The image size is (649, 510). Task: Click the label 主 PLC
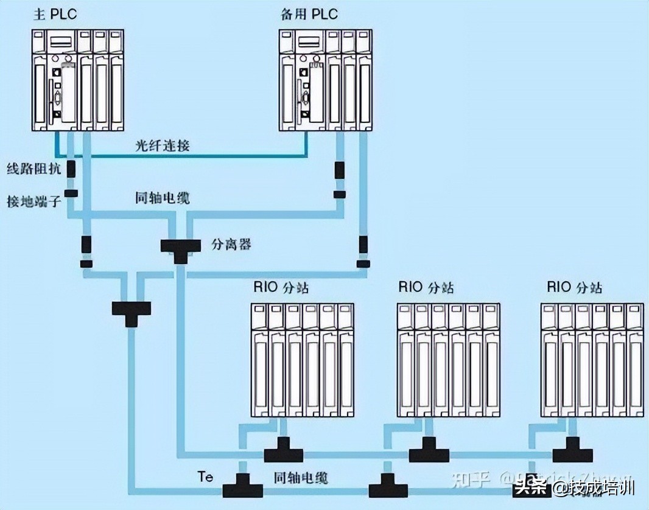(55, 15)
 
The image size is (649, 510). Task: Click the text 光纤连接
(163, 145)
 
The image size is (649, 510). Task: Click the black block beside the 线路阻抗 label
(71, 169)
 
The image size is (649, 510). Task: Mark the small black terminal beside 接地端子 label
(71, 194)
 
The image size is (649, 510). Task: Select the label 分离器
(231, 245)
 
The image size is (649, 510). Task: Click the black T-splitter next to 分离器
(180, 248)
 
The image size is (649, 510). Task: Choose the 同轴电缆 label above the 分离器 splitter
(163, 198)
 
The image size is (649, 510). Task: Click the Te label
(205, 477)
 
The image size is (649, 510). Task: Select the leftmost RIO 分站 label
(281, 287)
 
